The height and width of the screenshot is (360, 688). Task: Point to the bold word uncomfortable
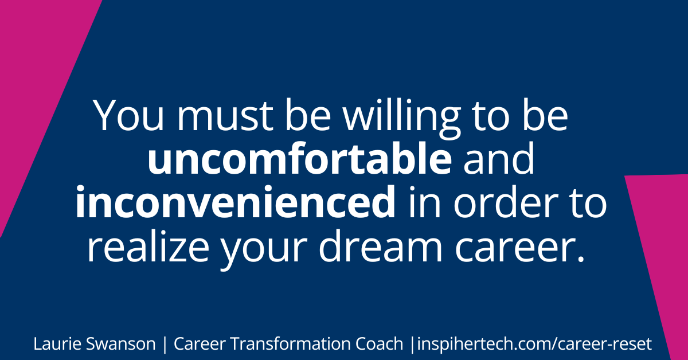click(299, 162)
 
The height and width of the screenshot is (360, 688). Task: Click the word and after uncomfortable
click(499, 162)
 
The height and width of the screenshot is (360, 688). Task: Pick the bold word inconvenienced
click(235, 205)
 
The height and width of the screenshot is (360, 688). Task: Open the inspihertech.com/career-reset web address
click(534, 345)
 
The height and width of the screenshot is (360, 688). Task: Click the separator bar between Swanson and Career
click(165, 345)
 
